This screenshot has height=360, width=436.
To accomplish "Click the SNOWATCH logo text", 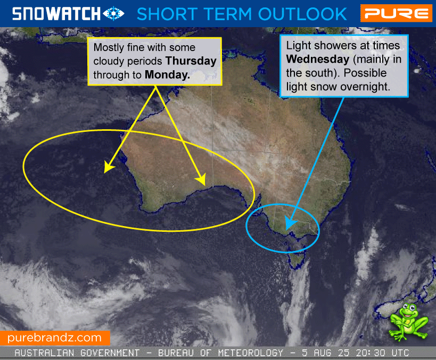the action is (56, 14).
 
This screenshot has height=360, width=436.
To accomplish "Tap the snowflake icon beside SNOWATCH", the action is (113, 14).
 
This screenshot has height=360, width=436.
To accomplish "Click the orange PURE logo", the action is (396, 13).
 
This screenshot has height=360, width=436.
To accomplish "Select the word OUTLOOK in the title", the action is (302, 14).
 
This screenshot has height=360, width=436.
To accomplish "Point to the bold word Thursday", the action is (191, 61).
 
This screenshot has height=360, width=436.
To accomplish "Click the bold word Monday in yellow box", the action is (167, 74).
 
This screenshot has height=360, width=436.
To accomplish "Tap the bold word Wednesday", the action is (317, 59).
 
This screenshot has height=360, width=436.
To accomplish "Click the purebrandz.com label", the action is (54, 338).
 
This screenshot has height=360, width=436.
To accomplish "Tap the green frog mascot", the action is (408, 322).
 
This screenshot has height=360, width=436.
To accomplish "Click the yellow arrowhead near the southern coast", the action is (201, 179).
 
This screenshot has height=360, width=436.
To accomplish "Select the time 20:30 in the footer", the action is (371, 353).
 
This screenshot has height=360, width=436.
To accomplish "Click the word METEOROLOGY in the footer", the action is (251, 353).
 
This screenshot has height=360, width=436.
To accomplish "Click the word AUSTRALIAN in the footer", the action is (44, 353).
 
